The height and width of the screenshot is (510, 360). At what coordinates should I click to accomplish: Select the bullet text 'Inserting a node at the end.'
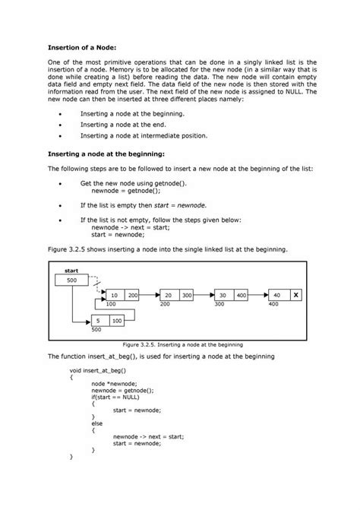point(122,124)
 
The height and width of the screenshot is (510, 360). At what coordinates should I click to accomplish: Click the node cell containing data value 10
point(113,294)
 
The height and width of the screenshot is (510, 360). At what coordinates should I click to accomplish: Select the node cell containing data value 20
point(168,294)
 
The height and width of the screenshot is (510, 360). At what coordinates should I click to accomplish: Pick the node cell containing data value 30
point(223,294)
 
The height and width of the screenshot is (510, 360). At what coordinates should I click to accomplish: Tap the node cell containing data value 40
point(276,294)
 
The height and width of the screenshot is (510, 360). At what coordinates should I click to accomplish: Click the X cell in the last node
point(295,294)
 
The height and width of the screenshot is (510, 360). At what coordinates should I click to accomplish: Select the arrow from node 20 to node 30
point(204,294)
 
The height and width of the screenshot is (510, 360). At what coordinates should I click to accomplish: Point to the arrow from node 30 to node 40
point(257,294)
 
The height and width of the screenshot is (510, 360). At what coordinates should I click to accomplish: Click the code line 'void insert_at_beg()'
point(98,370)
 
